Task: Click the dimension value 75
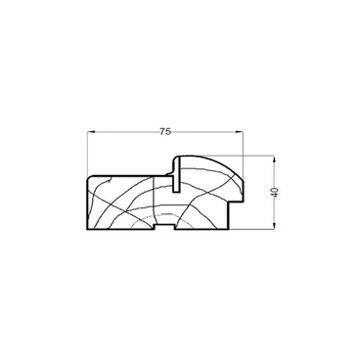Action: pyautogui.click(x=165, y=131)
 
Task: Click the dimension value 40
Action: pyautogui.click(x=275, y=192)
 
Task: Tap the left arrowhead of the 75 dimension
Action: pyautogui.click(x=92, y=132)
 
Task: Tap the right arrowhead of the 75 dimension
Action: pyautogui.click(x=240, y=132)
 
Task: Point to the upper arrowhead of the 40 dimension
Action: pyautogui.click(x=275, y=159)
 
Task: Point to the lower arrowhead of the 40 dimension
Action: pyautogui.click(x=275, y=226)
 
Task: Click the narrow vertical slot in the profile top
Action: pyautogui.click(x=176, y=175)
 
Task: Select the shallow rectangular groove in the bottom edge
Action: pyautogui.click(x=164, y=227)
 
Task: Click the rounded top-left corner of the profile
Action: pyautogui.click(x=89, y=178)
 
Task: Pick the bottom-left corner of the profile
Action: pyautogui.click(x=87, y=229)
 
